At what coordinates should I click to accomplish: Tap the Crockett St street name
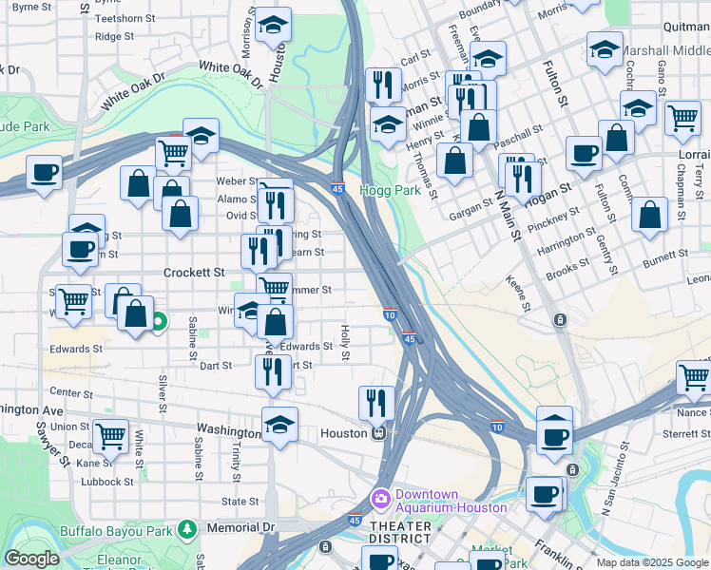click(193, 272)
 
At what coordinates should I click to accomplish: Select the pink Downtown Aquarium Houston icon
click(381, 499)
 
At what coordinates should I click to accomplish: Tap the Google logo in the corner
click(31, 559)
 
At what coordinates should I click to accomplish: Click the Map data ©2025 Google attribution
click(652, 562)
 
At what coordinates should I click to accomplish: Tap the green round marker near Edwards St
click(158, 324)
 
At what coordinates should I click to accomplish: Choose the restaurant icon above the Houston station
click(376, 403)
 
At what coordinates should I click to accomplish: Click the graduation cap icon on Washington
click(279, 424)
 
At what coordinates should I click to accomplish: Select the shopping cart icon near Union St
click(110, 436)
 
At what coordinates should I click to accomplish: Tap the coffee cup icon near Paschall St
click(584, 153)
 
